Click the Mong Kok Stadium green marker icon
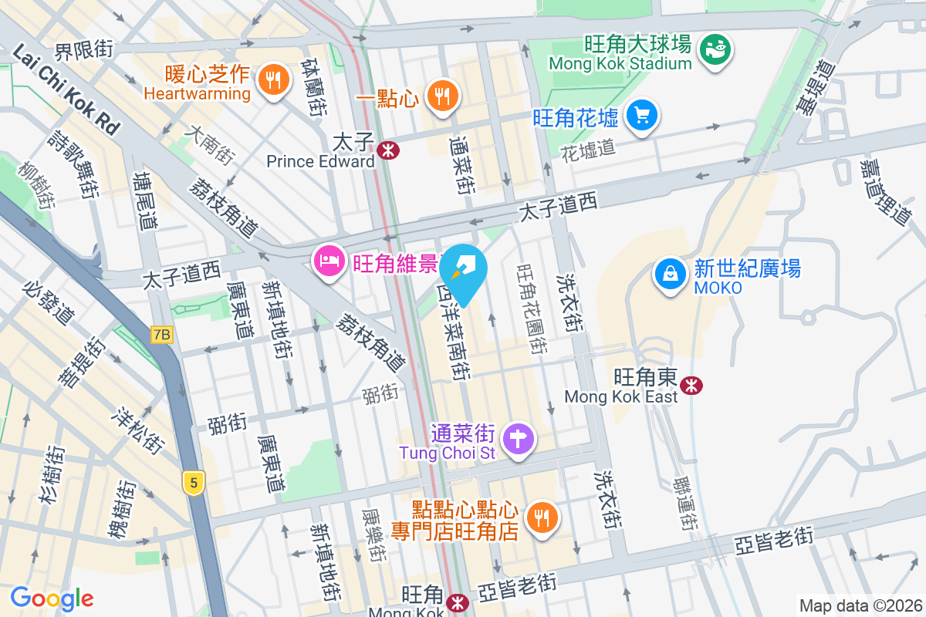tap(716, 49)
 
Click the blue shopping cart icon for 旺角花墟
tap(640, 116)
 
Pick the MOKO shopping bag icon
tap(670, 275)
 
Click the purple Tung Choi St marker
tap(518, 440)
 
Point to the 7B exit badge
tap(161, 335)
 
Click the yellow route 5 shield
tap(194, 483)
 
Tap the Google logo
tap(52, 598)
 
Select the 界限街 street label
tap(83, 50)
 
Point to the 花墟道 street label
tap(588, 148)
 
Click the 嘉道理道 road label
tap(887, 193)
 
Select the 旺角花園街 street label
tap(532, 308)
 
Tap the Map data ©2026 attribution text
tap(860, 605)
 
